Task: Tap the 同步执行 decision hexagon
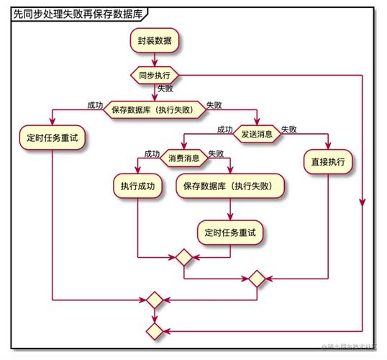click(x=154, y=74)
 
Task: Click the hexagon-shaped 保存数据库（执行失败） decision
click(x=155, y=110)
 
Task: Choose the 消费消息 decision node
click(x=183, y=158)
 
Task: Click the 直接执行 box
click(x=328, y=162)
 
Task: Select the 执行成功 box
click(x=137, y=186)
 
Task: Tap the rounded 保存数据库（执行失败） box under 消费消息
click(x=230, y=186)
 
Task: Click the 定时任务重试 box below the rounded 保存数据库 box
click(x=230, y=232)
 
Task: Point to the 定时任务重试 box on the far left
click(x=53, y=137)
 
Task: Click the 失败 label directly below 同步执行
click(x=165, y=89)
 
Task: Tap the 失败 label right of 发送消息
click(x=289, y=130)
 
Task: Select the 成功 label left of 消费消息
click(x=152, y=153)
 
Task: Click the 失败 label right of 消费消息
click(x=216, y=153)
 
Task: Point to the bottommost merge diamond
click(x=154, y=330)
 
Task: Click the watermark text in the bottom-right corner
click(x=352, y=348)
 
